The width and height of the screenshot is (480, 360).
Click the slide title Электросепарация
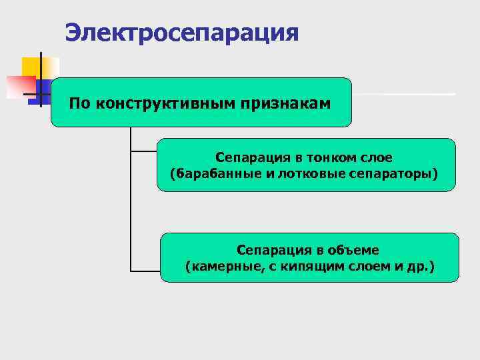(182, 32)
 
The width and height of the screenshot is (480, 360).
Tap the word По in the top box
(79, 103)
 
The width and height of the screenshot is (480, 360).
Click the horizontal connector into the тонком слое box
(144, 151)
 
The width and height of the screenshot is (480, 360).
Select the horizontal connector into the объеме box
(145, 271)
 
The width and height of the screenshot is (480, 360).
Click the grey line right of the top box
(403, 94)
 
